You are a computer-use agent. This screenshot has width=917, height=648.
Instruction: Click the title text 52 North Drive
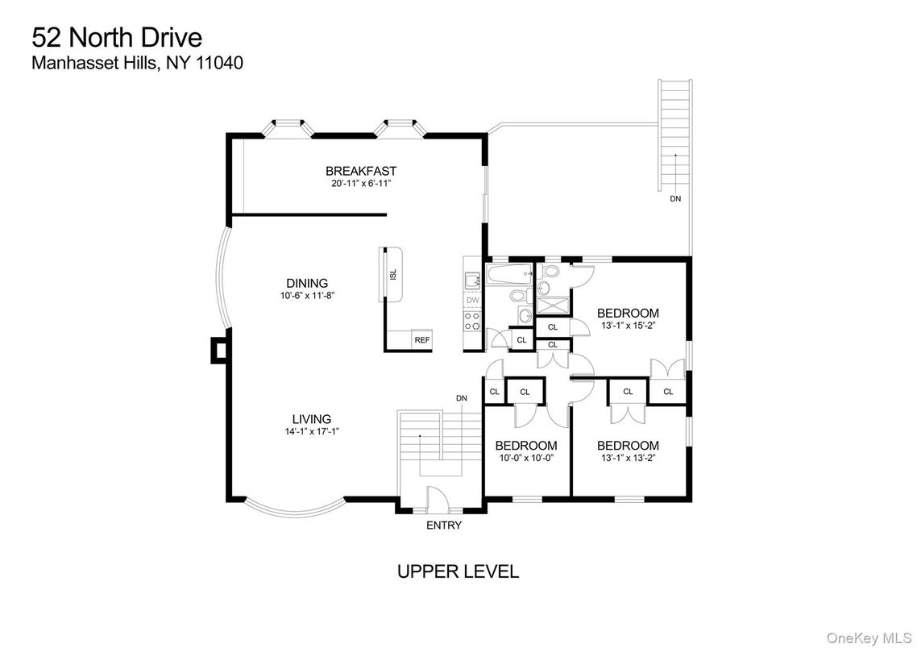click(116, 38)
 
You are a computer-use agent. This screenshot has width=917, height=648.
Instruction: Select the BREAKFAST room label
click(360, 171)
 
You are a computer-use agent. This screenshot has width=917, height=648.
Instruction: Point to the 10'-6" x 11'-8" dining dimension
click(307, 296)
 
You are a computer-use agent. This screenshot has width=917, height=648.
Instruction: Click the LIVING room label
click(311, 419)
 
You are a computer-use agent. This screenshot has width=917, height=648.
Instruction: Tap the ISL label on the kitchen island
click(393, 274)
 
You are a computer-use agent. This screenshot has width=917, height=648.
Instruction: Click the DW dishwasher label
click(472, 301)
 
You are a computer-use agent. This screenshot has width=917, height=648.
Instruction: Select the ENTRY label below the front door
click(443, 525)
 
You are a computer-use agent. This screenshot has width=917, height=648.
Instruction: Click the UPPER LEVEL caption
click(458, 572)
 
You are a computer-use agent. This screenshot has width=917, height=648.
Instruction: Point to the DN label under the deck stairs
click(674, 198)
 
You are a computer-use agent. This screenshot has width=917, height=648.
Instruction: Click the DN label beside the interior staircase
click(461, 398)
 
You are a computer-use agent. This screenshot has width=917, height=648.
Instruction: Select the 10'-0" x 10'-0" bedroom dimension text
click(525, 458)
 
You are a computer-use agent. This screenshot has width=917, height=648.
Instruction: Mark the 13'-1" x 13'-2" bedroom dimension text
click(628, 458)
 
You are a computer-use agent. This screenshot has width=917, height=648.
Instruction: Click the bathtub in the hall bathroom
click(508, 276)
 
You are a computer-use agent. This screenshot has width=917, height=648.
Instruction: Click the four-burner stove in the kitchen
click(472, 322)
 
